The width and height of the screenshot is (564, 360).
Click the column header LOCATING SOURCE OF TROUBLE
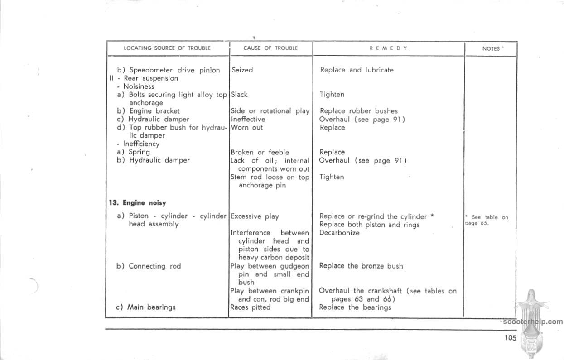tap(168, 48)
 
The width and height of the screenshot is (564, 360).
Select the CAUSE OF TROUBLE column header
tap(270, 48)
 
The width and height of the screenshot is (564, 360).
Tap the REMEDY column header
tap(388, 48)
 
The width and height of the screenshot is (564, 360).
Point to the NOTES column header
tap(491, 48)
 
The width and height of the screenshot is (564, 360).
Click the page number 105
tap(510, 337)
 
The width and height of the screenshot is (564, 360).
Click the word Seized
tap(242, 70)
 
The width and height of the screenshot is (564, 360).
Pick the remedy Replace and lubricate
tap(357, 70)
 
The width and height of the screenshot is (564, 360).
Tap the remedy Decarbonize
tap(339, 233)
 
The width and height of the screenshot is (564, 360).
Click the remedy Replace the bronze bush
tap(361, 266)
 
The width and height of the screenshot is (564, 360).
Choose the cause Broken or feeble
tap(260, 152)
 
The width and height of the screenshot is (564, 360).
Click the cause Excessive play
tap(255, 216)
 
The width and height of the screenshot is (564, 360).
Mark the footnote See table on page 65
tap(487, 220)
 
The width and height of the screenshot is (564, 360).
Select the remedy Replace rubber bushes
tap(358, 111)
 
